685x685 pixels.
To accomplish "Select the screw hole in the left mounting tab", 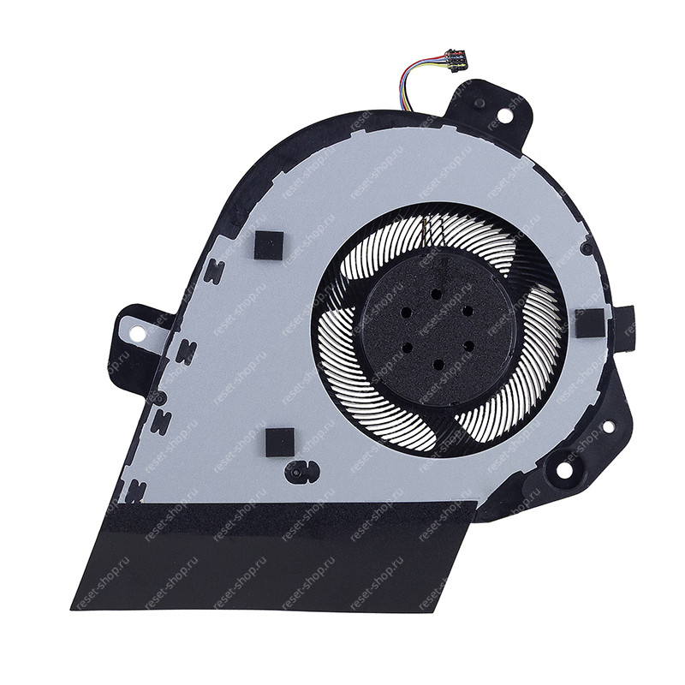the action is [x=138, y=332].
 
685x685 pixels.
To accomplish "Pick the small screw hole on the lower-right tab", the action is [x=607, y=426].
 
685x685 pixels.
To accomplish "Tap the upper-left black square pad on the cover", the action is [x=269, y=245].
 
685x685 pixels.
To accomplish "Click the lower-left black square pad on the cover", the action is [x=280, y=442].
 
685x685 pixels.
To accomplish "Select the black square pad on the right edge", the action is [x=590, y=323].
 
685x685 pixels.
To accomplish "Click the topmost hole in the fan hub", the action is [x=435, y=294].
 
